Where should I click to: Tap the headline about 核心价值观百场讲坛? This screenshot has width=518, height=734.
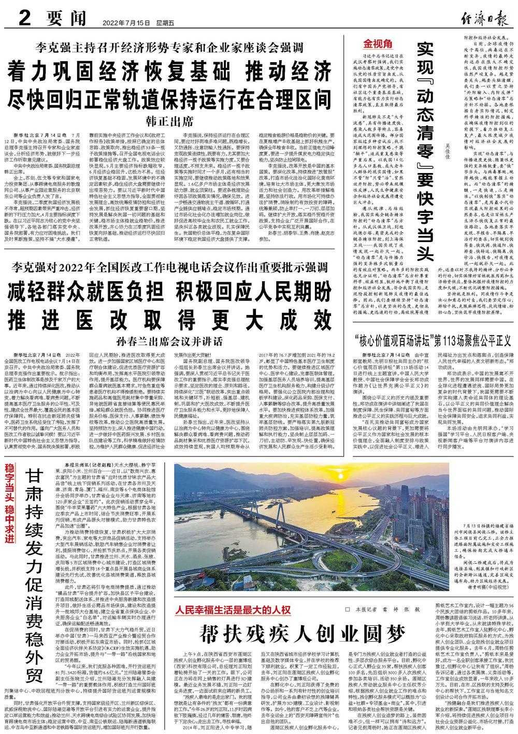(433, 342)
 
